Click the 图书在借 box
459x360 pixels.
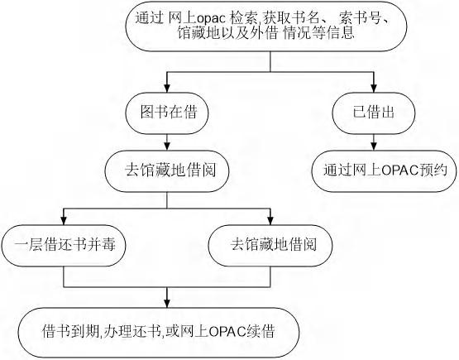[x=167, y=113]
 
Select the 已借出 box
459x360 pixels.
[x=374, y=113]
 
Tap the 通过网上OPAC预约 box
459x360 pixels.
[x=384, y=171]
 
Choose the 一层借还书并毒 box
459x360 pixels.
[x=64, y=246]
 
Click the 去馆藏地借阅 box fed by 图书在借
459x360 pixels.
[x=167, y=171]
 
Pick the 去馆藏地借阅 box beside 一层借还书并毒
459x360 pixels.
[x=270, y=246]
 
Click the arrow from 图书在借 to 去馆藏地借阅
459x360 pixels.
[x=167, y=142]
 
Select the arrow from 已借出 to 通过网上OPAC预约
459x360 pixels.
[x=374, y=142]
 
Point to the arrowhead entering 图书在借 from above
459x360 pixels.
[x=167, y=89]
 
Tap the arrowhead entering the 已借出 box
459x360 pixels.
[x=374, y=89]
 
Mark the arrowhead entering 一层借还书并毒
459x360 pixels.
[x=64, y=221]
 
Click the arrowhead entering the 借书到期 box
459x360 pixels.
[x=167, y=304]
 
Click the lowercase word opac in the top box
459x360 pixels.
[x=212, y=18]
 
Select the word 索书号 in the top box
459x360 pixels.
[x=361, y=18]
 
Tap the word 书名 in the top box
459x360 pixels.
[x=305, y=18]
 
